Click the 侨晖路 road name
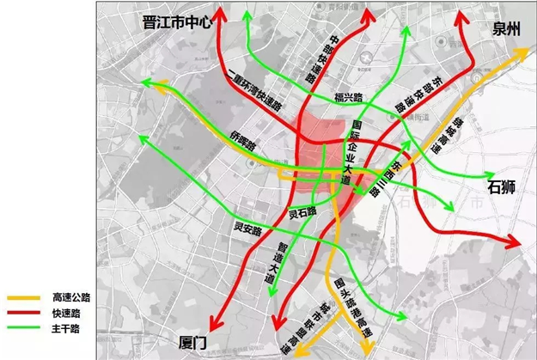pyautogui.click(x=243, y=138)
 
